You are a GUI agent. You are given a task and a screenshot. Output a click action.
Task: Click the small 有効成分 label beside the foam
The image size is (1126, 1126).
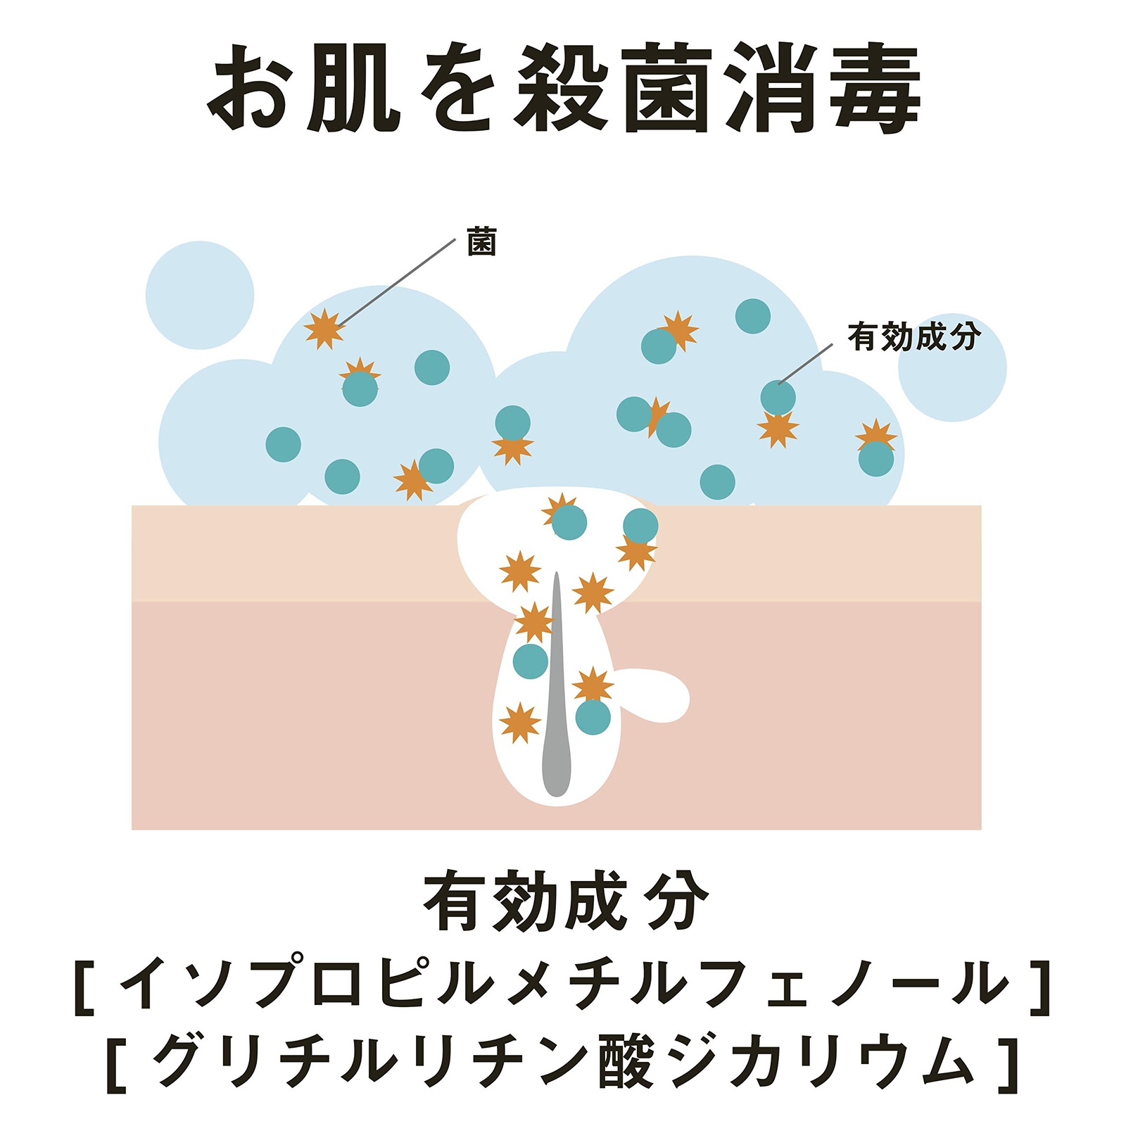click(x=913, y=336)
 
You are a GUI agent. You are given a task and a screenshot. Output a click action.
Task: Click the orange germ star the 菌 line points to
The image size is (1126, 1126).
click(x=324, y=329)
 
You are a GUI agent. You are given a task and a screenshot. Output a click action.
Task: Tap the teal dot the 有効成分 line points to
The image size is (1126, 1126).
click(x=778, y=398)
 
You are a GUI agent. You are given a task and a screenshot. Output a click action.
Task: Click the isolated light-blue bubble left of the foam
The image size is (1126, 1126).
click(x=200, y=296)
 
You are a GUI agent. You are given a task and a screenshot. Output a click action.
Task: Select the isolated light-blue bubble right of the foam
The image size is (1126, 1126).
click(x=952, y=368)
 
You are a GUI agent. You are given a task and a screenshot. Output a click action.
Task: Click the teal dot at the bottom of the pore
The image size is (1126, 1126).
click(x=593, y=717)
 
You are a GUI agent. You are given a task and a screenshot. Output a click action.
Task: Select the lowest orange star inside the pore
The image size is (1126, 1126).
click(x=520, y=723)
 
